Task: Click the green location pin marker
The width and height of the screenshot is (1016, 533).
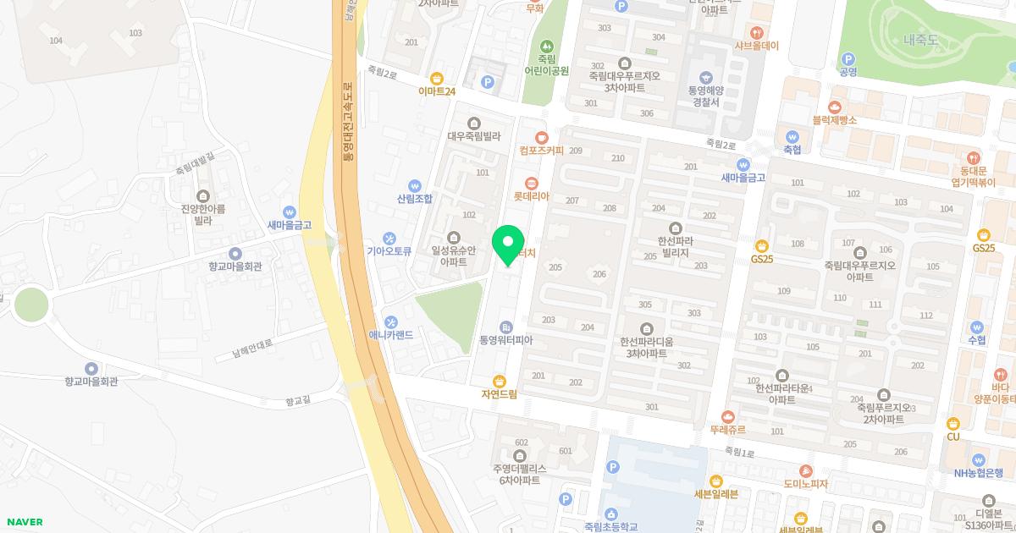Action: coord(508,243)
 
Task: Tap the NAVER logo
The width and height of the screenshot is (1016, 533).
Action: coord(24,522)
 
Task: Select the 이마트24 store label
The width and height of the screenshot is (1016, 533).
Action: coord(437,91)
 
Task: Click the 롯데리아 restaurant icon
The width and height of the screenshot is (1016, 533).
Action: coord(532,183)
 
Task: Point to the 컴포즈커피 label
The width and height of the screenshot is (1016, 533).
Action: coord(541,151)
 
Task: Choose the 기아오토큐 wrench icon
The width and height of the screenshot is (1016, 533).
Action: coord(389,238)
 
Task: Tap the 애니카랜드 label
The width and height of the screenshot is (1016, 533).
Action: coord(390,334)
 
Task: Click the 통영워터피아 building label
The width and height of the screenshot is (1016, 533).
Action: coord(506,340)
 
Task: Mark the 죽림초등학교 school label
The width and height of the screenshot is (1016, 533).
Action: coord(610,526)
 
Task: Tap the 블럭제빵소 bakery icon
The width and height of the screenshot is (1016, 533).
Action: coord(835,107)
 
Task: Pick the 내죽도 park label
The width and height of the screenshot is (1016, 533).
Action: coord(921,40)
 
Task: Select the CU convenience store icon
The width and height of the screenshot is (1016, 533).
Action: coord(952,423)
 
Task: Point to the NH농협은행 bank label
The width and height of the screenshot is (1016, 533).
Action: coord(978,473)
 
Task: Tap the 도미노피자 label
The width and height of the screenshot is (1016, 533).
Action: coord(805,484)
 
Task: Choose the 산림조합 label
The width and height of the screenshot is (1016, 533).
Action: coord(414,199)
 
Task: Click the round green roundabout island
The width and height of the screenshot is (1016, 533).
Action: coord(31,304)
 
